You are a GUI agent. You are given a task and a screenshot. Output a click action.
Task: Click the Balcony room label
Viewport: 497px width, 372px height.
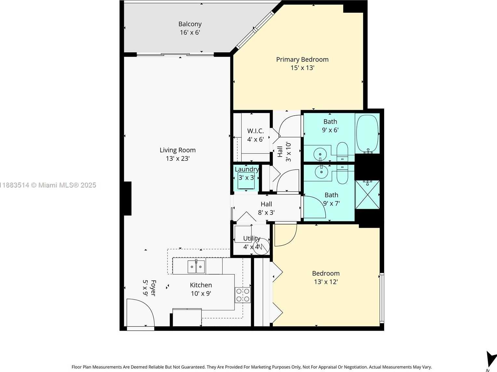click(190, 24)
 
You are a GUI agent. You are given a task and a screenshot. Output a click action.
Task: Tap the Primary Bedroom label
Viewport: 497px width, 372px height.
click(302, 59)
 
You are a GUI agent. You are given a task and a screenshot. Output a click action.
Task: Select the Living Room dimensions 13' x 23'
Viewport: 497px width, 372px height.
click(178, 159)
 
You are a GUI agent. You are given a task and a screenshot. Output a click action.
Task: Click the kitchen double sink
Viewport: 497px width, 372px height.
click(196, 267)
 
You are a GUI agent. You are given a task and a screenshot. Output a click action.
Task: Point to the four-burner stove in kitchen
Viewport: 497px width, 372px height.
click(243, 295)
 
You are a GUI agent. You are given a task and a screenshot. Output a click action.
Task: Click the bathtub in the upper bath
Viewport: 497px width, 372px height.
click(367, 134)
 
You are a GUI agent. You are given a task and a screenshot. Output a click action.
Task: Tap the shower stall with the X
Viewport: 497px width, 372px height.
click(367, 195)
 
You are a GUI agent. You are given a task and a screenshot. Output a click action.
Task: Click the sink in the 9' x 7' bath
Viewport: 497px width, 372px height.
click(321, 172)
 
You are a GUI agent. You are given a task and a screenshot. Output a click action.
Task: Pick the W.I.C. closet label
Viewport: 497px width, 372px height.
click(255, 131)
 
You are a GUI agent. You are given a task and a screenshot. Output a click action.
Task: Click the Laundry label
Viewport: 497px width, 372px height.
click(247, 169)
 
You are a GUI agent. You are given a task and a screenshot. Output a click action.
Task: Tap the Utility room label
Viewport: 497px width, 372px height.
click(251, 238)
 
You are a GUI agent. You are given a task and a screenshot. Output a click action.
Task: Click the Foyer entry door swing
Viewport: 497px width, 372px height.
click(140, 312)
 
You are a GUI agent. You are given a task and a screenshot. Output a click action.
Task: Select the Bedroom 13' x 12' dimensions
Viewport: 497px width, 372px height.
click(326, 282)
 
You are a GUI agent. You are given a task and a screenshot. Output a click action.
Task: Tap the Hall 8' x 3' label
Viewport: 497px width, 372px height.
click(266, 204)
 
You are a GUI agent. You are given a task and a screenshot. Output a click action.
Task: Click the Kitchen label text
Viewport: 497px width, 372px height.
click(201, 285)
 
